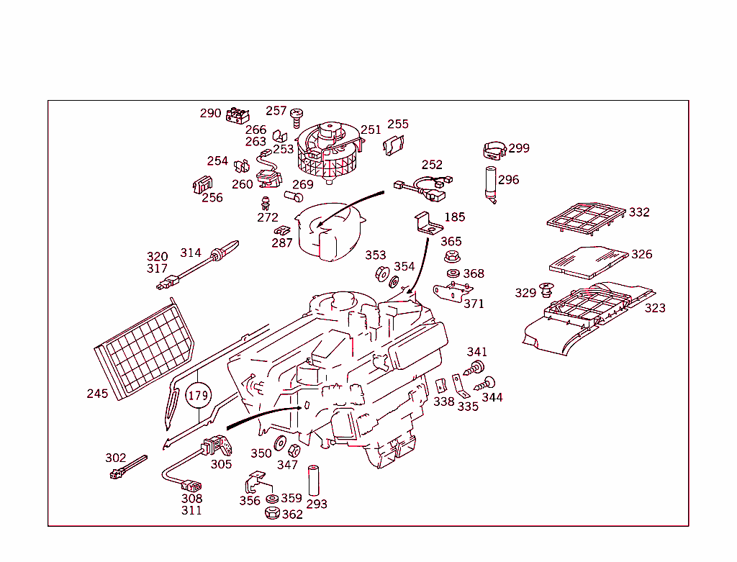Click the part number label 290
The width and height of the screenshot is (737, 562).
tap(210, 113)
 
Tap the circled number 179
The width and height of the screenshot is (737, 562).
tap(198, 395)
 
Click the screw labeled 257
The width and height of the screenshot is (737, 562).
tap(296, 115)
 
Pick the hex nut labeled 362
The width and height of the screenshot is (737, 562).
tap(272, 513)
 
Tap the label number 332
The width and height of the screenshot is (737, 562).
tap(638, 212)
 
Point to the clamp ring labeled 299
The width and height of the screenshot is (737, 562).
tap(494, 150)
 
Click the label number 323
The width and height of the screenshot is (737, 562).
tap(654, 308)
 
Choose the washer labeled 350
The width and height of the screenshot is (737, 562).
tap(281, 443)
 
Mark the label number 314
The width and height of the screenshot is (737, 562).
tap(190, 253)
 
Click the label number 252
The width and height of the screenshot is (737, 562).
tap(432, 165)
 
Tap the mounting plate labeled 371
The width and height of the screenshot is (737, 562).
tap(452, 291)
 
